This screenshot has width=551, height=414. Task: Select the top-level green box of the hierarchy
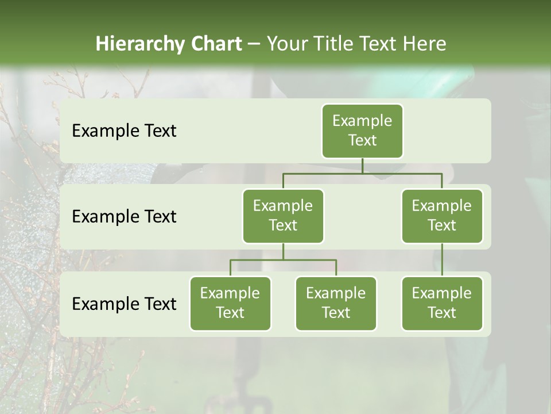tap(362, 131)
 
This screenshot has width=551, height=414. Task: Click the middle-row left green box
tap(283, 216)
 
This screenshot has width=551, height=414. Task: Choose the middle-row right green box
tap(442, 216)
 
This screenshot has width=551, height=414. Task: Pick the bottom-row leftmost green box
tap(230, 303)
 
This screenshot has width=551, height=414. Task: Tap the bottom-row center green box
tap(336, 303)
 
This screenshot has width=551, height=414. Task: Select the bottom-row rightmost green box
tap(442, 303)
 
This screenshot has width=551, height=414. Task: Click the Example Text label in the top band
tap(124, 131)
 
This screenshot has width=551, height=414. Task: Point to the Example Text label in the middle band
tap(124, 217)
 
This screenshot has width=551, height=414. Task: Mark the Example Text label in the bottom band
tap(124, 304)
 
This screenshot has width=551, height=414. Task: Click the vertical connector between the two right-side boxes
tap(442, 260)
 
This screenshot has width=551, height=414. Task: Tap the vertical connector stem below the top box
tap(362, 166)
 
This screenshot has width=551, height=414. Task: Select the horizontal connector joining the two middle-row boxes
tap(362, 173)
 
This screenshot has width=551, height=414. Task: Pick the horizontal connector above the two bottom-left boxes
tap(283, 260)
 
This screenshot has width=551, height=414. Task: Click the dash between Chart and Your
tap(254, 44)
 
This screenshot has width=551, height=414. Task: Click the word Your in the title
tap(286, 44)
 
